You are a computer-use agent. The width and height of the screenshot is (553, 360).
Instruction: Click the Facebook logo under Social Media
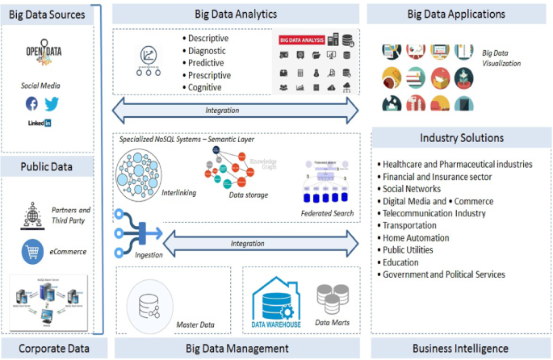click(31, 103)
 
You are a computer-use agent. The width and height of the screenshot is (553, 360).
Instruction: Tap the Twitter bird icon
click(52, 103)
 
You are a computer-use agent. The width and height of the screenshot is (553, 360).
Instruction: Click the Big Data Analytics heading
click(236, 14)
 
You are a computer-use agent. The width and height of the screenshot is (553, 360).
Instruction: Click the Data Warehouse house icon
click(277, 298)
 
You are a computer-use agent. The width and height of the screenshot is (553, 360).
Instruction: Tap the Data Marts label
click(332, 322)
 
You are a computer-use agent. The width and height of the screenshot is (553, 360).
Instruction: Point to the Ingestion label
click(149, 255)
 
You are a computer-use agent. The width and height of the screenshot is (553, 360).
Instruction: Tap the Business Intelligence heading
click(460, 348)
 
